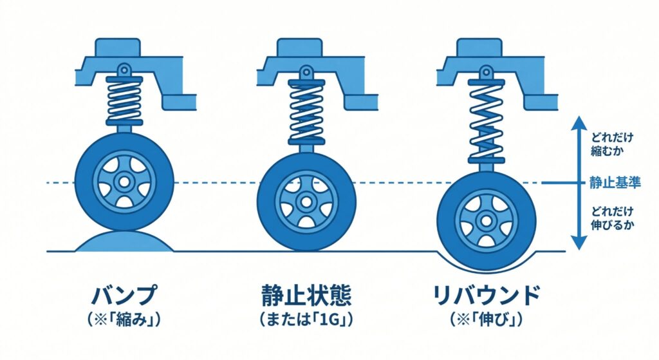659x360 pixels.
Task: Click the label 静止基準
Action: [615, 183]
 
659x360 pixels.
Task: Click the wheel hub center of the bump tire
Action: [124, 182]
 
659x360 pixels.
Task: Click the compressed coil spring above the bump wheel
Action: [124, 98]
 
